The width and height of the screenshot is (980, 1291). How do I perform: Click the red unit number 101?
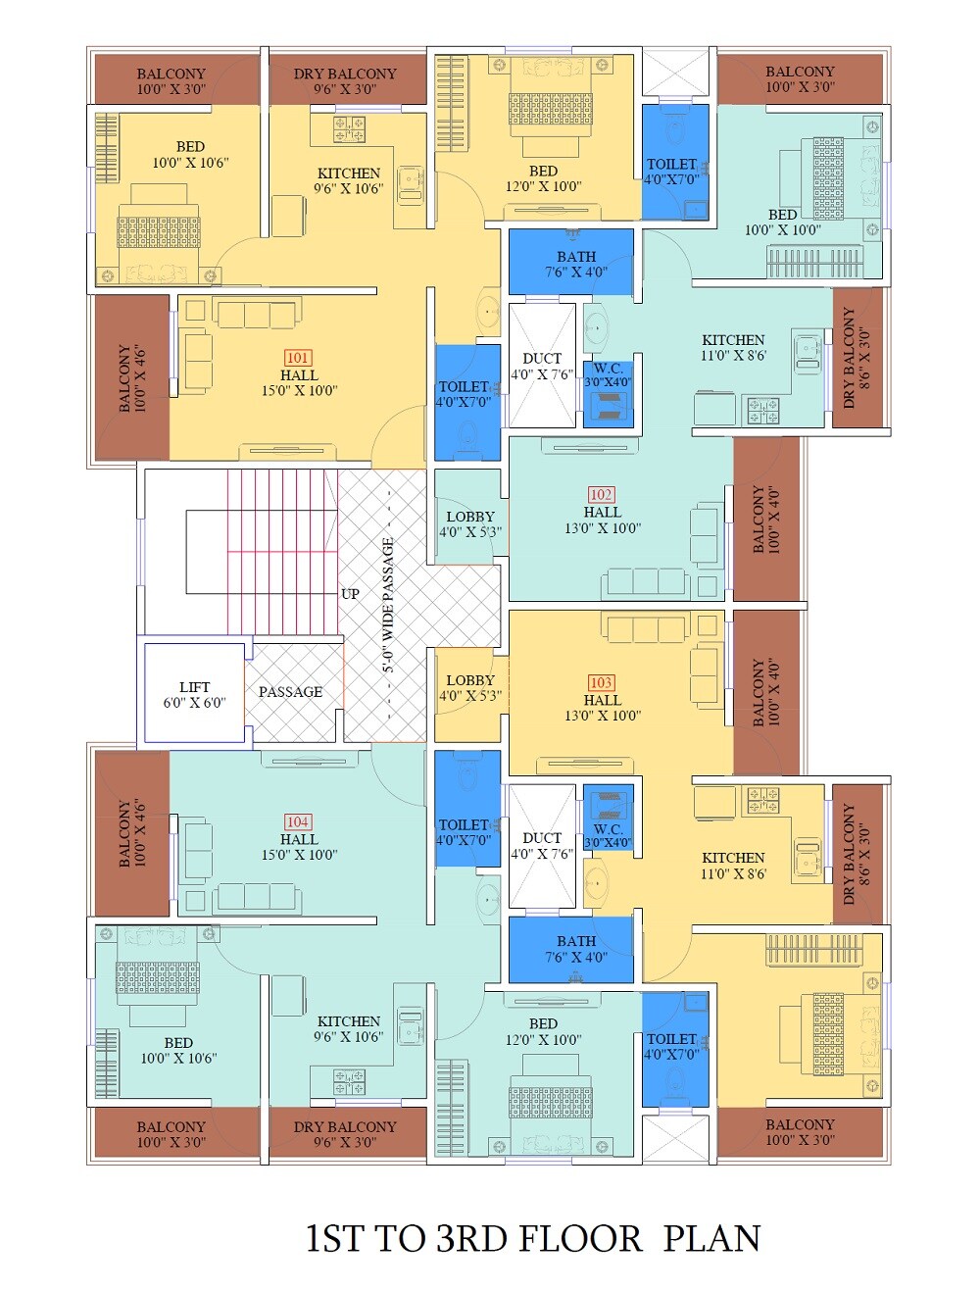tap(298, 358)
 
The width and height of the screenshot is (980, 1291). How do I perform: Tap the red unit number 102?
tap(601, 495)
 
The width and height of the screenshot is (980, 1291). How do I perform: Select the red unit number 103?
tap(601, 683)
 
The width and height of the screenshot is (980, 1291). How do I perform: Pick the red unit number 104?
tap(298, 821)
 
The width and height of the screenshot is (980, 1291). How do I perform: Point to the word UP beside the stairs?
tap(350, 594)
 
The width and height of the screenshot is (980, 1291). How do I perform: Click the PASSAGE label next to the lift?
tap(290, 692)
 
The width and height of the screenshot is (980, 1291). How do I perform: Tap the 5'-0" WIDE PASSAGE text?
tap(388, 606)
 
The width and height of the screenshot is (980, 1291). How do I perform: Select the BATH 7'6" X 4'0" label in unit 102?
tap(576, 264)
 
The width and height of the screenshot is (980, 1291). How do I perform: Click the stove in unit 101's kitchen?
tap(349, 128)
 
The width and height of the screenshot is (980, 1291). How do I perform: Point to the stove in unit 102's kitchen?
tap(763, 411)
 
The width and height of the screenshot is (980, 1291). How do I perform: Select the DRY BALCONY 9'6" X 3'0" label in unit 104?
tap(345, 1134)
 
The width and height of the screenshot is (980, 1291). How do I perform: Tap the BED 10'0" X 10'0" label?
tap(782, 223)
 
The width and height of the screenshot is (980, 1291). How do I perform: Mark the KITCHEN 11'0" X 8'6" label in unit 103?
tap(733, 866)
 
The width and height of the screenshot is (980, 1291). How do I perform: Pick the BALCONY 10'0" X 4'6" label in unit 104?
tap(132, 832)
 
